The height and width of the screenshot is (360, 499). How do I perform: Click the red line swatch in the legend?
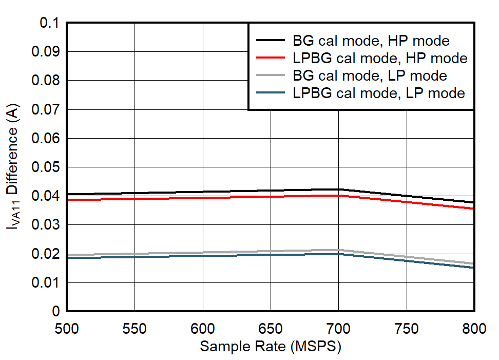click(x=270, y=58)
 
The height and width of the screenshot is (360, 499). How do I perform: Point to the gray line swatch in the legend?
click(x=270, y=75)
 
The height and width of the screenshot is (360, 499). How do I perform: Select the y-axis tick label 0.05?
click(x=46, y=167)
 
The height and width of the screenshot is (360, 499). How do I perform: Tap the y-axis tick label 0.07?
click(x=46, y=110)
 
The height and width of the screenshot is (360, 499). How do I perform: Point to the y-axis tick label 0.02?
click(x=46, y=254)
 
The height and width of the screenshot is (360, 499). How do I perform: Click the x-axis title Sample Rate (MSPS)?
click(x=271, y=347)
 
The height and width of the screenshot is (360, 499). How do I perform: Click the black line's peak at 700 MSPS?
click(x=339, y=190)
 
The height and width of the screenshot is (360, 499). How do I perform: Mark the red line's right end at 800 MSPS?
click(x=473, y=209)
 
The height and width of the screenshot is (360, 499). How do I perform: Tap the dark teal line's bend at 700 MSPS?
click(x=339, y=254)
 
